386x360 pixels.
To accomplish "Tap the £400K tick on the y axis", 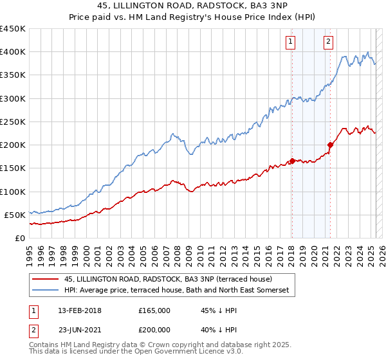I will pyautogui.click(x=12, y=52).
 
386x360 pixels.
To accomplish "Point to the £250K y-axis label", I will pyautogui.click(x=12, y=122).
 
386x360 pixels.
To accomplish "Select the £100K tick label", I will pyautogui.click(x=12, y=192).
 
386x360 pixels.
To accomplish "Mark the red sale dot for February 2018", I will pyautogui.click(x=291, y=161).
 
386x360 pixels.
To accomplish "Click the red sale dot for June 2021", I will pyautogui.click(x=330, y=145).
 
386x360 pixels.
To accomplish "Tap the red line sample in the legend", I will pyautogui.click(x=44, y=279).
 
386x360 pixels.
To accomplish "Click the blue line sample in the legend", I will pyautogui.click(x=44, y=291).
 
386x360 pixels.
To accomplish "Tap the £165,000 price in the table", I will pyautogui.click(x=154, y=310).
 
